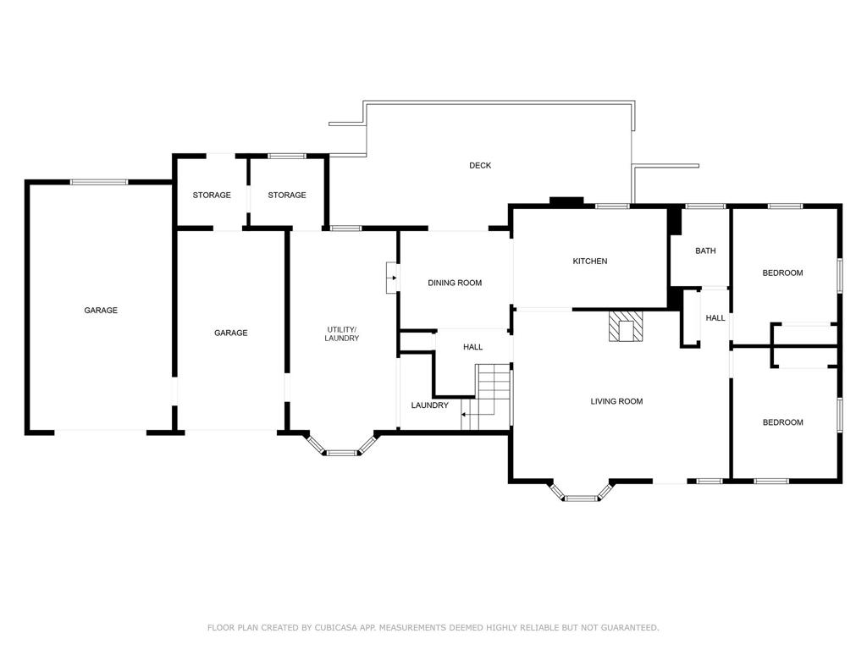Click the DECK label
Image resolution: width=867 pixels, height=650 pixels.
pyautogui.click(x=480, y=165)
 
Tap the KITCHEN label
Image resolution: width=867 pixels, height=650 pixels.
pyautogui.click(x=590, y=261)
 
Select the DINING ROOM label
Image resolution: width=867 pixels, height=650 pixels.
pyautogui.click(x=455, y=283)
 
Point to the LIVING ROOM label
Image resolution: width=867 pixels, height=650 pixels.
pyautogui.click(x=616, y=401)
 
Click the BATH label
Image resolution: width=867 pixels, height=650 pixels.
pyautogui.click(x=705, y=251)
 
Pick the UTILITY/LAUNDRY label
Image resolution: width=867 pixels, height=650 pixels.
pyautogui.click(x=342, y=333)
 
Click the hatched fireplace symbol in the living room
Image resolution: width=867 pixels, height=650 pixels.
pyautogui.click(x=626, y=326)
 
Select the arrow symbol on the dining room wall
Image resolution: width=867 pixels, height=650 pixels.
pyautogui.click(x=392, y=278)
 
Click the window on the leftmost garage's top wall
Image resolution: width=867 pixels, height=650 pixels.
pyautogui.click(x=99, y=182)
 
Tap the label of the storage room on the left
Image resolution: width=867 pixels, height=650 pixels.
pyautogui.click(x=212, y=196)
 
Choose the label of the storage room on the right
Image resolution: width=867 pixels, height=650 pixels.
pyautogui.click(x=287, y=196)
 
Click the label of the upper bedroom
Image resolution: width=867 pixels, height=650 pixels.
pyautogui.click(x=782, y=273)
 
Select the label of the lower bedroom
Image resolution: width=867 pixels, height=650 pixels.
pyautogui.click(x=783, y=422)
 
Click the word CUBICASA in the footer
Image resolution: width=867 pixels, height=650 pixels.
pyautogui.click(x=336, y=627)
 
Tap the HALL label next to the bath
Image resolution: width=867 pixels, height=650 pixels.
pyautogui.click(x=715, y=318)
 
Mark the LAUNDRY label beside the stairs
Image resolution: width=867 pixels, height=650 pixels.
pyautogui.click(x=429, y=405)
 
